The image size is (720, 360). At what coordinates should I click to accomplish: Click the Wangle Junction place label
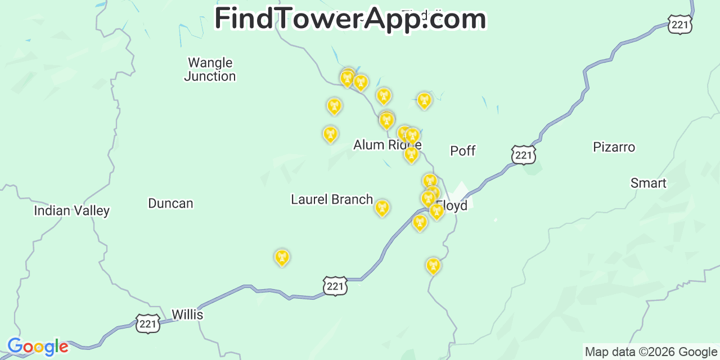pos(210,70)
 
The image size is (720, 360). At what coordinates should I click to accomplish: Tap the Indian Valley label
pos(71,211)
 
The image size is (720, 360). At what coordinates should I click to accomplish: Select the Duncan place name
pos(170,204)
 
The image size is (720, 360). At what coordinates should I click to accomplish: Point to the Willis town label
pos(187,314)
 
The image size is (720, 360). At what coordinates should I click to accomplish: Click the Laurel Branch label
pos(332,200)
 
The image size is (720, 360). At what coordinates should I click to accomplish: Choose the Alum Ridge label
pos(387,145)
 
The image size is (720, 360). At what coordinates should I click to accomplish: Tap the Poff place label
pos(463,151)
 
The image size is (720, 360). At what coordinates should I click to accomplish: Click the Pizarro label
pos(614,147)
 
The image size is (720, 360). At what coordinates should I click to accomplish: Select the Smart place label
pos(648,183)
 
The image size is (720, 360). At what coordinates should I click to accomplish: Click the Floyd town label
pos(452,206)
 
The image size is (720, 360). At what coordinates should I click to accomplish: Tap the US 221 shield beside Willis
pos(148,324)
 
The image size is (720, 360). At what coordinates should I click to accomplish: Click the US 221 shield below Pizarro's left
pos(524,155)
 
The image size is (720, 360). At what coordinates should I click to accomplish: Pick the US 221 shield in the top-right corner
pos(680,25)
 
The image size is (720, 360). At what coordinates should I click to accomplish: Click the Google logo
pos(38,347)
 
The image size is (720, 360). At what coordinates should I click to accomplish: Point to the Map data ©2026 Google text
pos(651,352)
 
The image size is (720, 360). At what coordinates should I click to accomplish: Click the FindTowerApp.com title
pos(350,19)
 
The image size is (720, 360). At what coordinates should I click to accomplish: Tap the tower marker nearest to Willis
pos(282,258)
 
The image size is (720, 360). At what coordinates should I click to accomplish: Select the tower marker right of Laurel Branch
pos(382,208)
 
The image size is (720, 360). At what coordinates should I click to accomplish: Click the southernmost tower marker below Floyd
pos(433,265)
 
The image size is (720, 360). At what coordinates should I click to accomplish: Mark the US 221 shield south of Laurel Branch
pos(335,286)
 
